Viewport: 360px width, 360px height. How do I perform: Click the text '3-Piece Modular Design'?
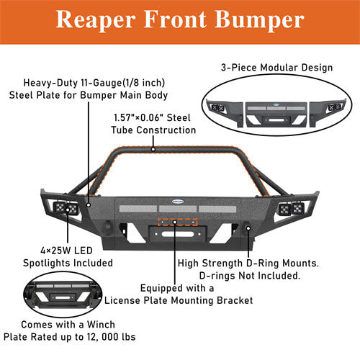(277, 68)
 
